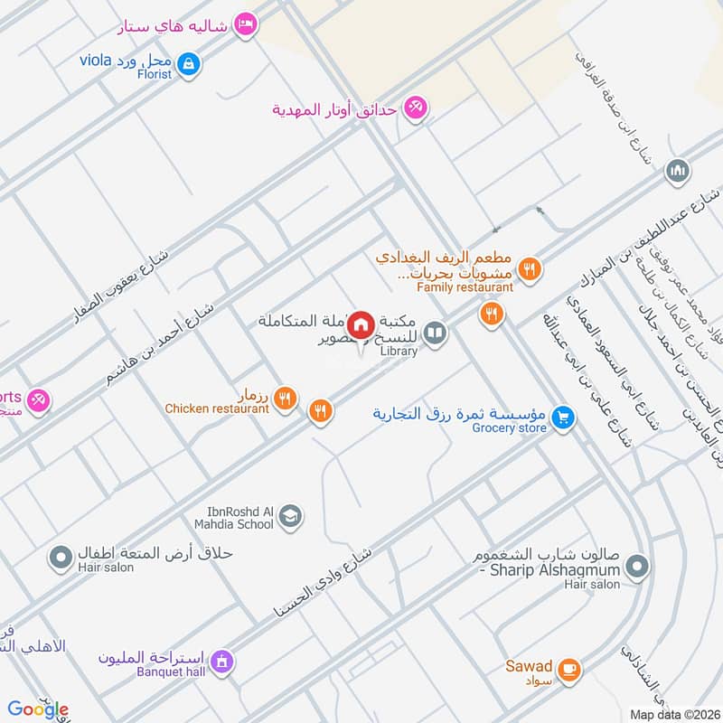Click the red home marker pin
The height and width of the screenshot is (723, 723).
coord(361,324)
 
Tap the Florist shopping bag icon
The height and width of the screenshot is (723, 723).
coord(190,63)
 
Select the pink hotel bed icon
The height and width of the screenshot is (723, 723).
coord(243,25)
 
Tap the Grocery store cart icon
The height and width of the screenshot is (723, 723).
coord(564,418)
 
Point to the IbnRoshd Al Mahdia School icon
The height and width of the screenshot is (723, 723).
coord(290,516)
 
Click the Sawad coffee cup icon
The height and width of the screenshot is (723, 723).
coord(568,669)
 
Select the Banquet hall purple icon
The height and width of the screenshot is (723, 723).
coord(222,662)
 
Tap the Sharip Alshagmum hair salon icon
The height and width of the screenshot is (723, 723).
coord(638,568)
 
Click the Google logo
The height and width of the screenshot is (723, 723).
coord(38,709)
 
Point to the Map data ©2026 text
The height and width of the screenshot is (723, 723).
coord(673,714)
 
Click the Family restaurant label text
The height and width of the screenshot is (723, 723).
coord(465,287)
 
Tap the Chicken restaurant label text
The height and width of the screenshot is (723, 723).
coord(217,408)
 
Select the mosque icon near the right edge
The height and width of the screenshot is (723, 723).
coord(678,170)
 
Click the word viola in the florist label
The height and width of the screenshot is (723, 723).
coord(94,61)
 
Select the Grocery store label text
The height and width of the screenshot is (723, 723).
coord(509,427)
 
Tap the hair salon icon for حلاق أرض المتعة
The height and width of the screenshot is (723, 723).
coord(61,558)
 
